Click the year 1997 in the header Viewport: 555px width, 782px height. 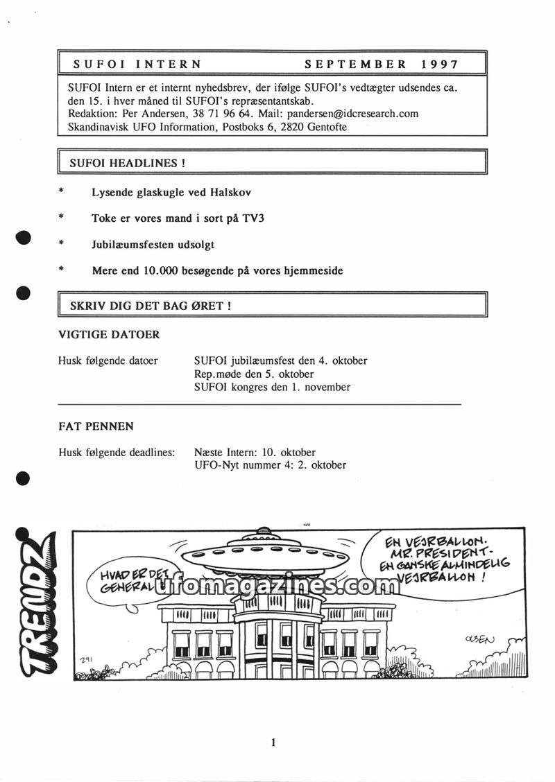click(x=440, y=64)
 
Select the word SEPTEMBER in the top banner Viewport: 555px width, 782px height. click(x=356, y=64)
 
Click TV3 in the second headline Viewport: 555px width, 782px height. click(x=253, y=218)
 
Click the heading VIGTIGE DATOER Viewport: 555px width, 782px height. click(x=109, y=335)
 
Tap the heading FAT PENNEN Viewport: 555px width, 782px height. click(x=96, y=426)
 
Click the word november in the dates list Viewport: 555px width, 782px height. click(x=326, y=387)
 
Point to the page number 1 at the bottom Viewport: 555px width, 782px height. click(x=274, y=742)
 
